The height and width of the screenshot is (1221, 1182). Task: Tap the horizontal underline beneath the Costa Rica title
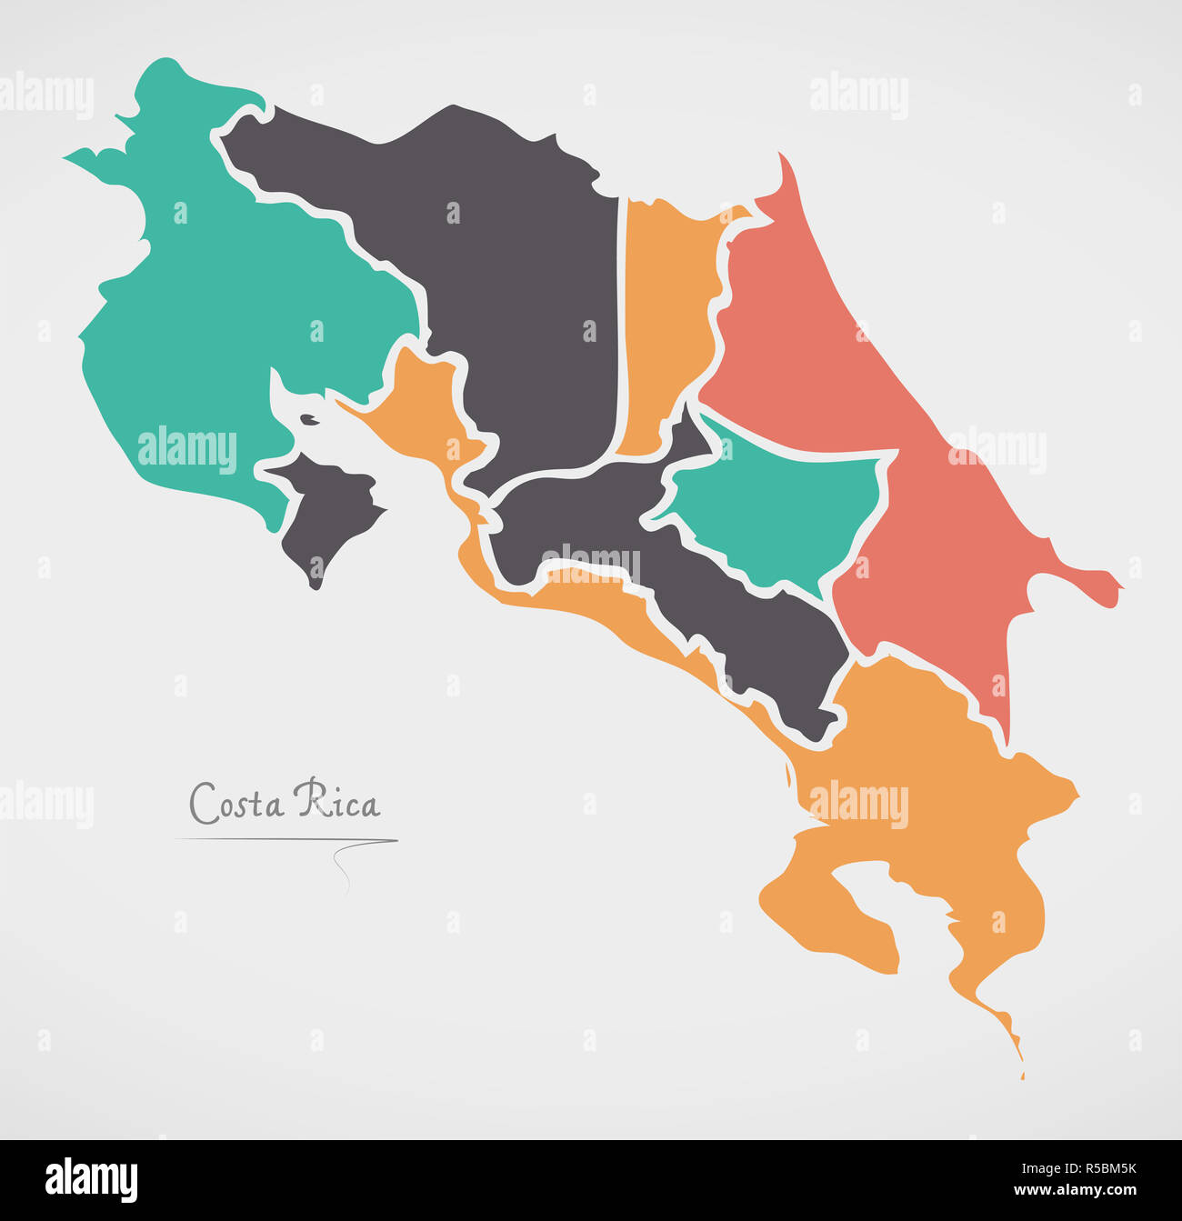286,839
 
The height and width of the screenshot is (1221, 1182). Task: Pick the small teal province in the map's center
773,509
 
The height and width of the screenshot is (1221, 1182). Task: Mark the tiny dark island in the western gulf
310,419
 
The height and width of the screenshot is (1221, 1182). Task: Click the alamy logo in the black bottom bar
91,1179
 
